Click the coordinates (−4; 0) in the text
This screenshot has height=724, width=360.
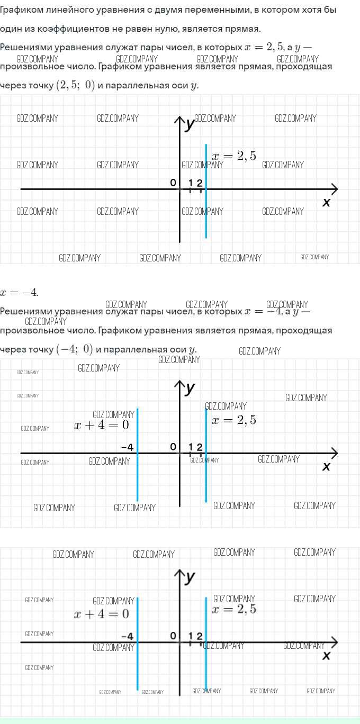click(x=75, y=349)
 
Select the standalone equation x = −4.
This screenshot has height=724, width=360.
click(x=19, y=293)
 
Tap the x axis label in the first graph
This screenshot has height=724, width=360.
click(x=326, y=202)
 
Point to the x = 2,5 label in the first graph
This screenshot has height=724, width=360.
click(x=233, y=156)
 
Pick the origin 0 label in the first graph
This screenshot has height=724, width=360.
click(x=173, y=183)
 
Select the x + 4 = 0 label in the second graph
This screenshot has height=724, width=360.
click(x=102, y=425)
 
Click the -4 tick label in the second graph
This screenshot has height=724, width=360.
click(x=127, y=447)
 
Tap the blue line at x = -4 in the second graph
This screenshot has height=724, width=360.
click(x=138, y=476)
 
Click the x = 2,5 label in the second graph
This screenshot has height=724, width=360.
click(x=233, y=420)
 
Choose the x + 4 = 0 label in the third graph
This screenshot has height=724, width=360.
click(x=102, y=614)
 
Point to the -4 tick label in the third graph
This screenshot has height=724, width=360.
click(x=127, y=636)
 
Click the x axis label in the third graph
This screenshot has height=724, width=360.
click(x=326, y=656)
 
